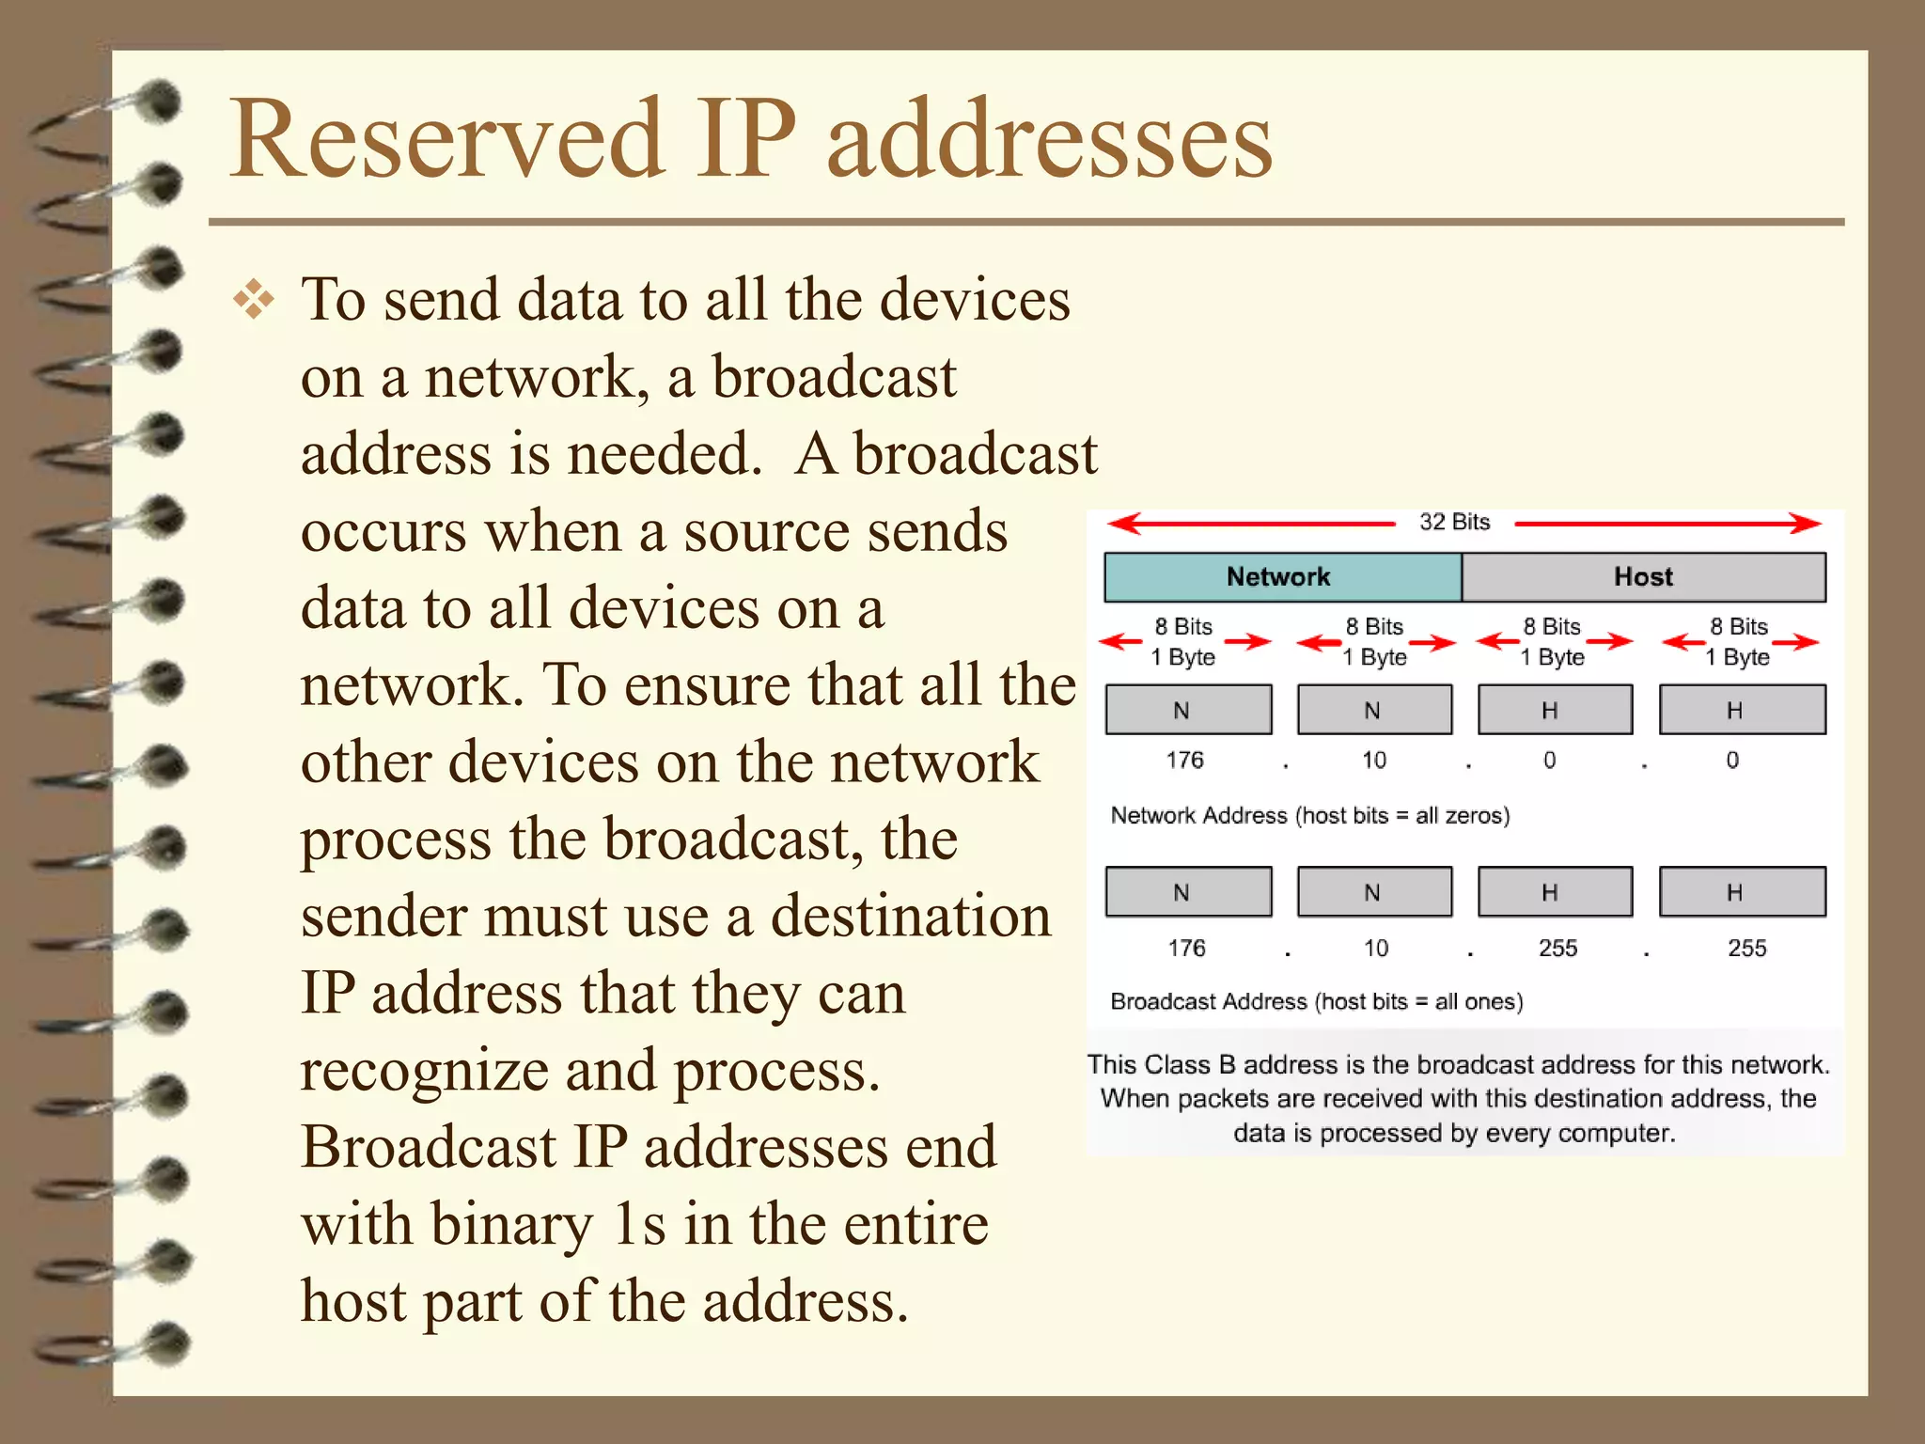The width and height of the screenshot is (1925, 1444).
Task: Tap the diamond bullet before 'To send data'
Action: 254,301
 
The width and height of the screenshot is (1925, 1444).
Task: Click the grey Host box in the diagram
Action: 1643,576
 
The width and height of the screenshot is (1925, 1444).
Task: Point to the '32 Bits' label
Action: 1454,522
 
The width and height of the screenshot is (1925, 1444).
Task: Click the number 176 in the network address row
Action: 1184,760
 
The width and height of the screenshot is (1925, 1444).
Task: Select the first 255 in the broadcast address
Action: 1557,948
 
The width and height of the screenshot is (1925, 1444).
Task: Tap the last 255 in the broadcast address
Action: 1746,948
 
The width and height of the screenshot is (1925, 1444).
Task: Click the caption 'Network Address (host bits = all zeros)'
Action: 1309,815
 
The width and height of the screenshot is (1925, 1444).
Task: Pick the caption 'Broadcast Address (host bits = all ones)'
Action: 1316,1001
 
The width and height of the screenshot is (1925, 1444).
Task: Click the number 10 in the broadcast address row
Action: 1375,948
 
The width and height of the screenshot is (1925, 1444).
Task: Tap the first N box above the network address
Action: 1188,710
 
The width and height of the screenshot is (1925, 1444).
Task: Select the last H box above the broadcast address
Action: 1742,892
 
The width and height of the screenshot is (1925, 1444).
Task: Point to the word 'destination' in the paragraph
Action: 910,916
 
